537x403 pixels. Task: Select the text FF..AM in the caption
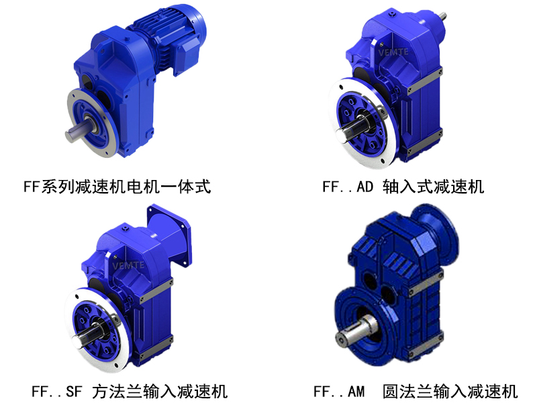point(339,390)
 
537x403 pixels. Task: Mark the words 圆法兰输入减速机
point(450,390)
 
